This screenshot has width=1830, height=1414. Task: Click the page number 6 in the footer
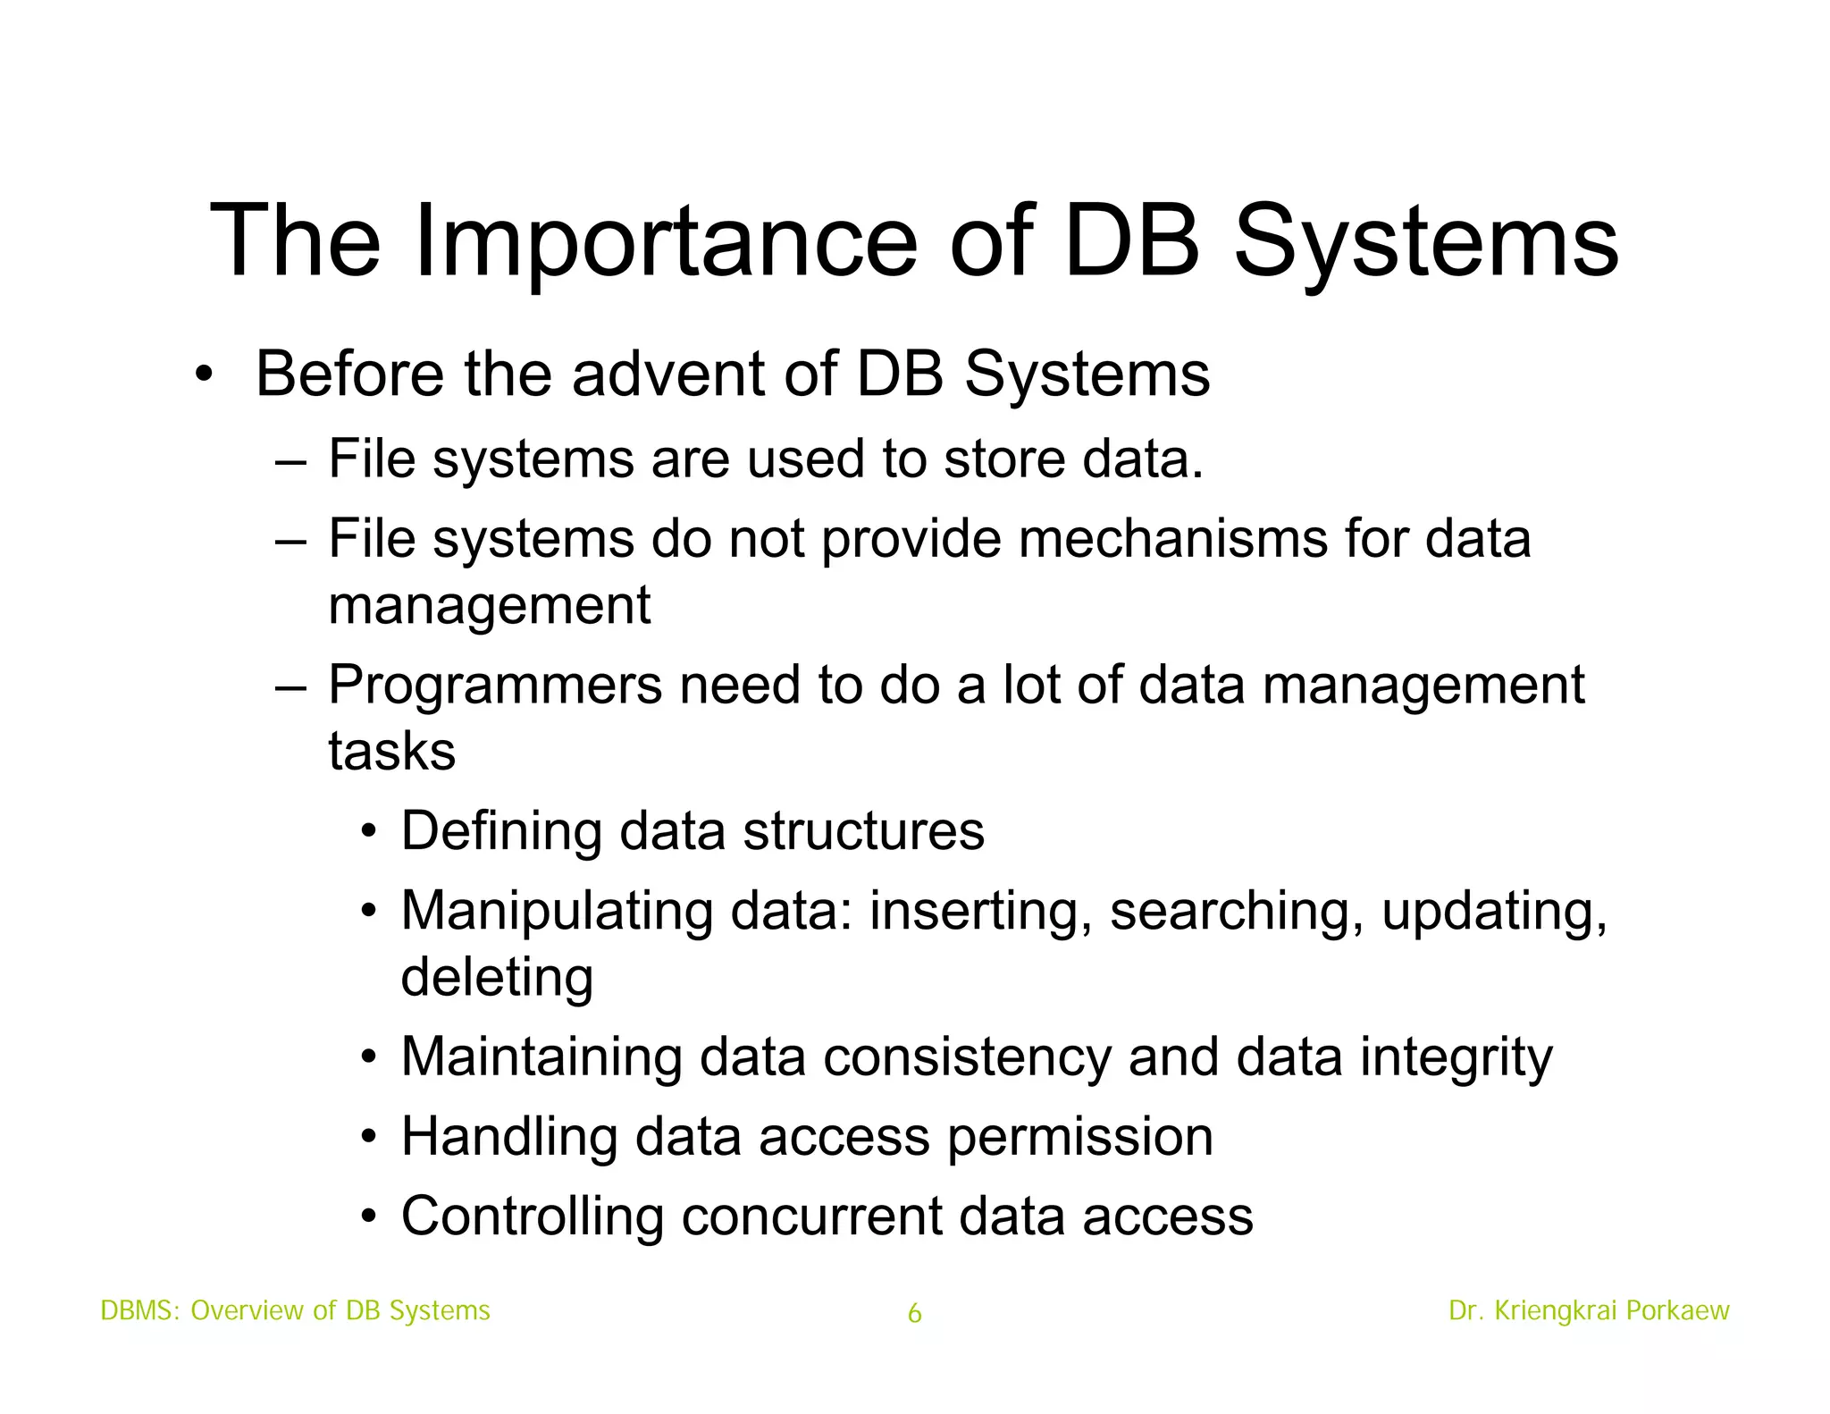[x=914, y=1313]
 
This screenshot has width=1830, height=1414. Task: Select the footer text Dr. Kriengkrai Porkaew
[x=1589, y=1310]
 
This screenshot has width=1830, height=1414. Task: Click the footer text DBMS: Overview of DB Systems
[x=295, y=1310]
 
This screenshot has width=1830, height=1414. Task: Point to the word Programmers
[x=495, y=686]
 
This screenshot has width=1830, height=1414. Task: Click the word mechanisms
[x=1173, y=540]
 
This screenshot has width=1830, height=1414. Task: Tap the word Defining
[x=501, y=832]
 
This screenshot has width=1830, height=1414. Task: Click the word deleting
[x=497, y=977]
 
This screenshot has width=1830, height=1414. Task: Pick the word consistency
[x=967, y=1058]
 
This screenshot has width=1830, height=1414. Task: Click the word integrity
[x=1456, y=1058]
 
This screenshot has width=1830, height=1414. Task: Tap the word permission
[x=1079, y=1138]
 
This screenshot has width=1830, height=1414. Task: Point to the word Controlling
[x=533, y=1217]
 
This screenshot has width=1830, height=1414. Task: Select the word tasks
[x=391, y=752]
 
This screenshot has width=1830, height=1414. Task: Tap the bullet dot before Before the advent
[x=204, y=375]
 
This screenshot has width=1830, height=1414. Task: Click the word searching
[x=1237, y=913]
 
